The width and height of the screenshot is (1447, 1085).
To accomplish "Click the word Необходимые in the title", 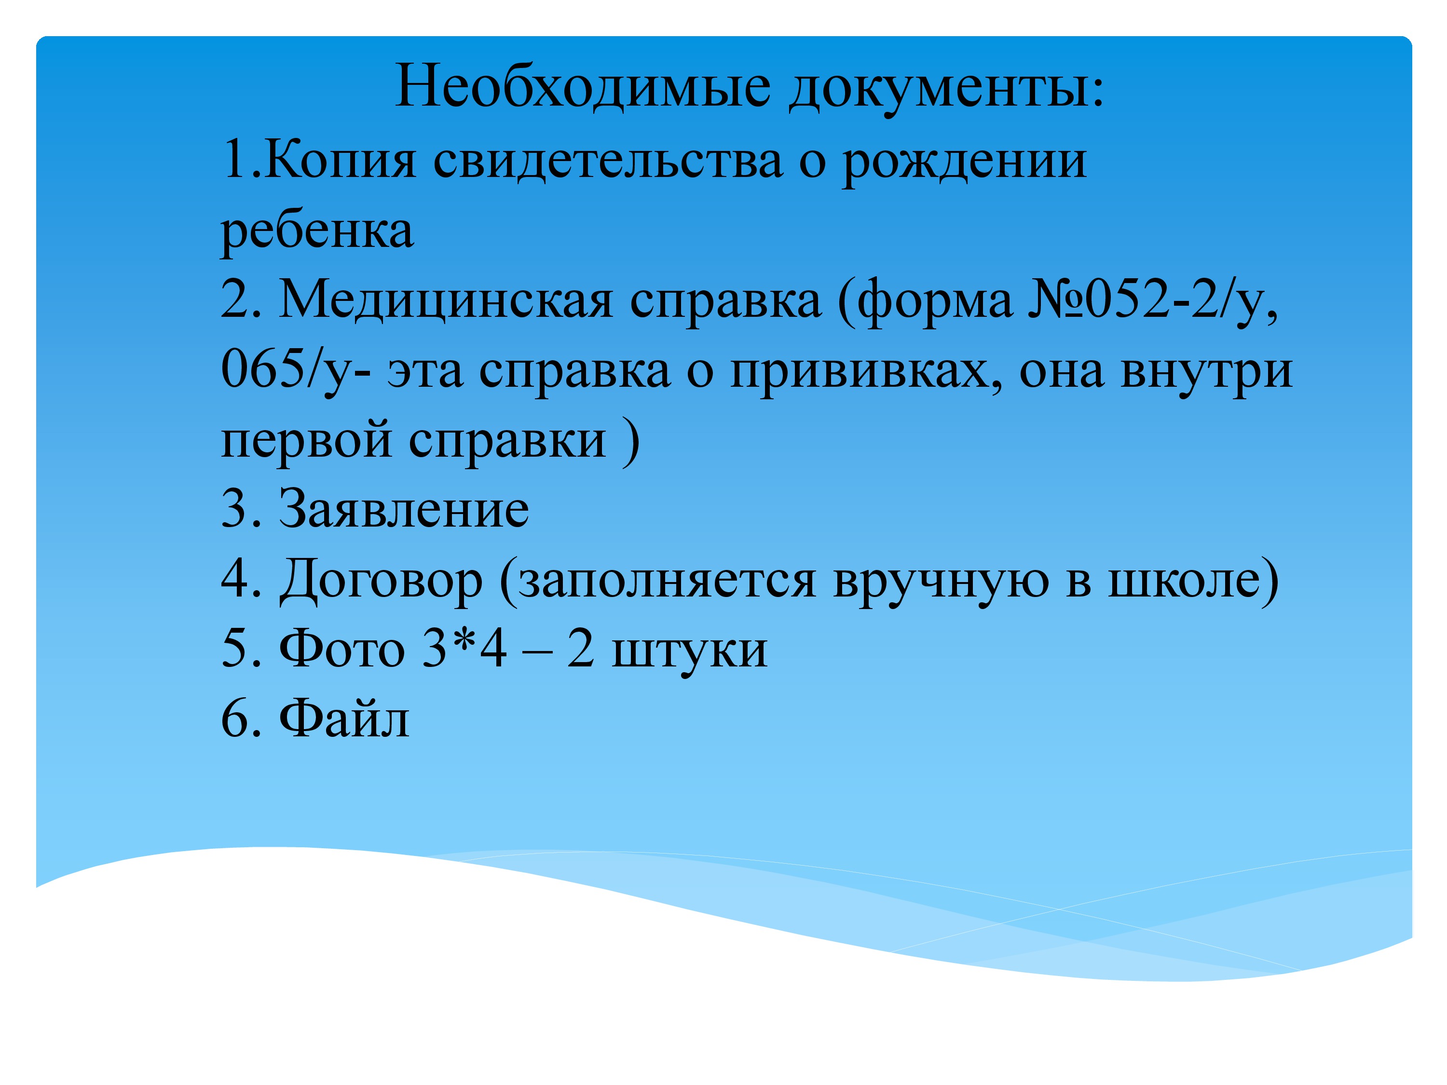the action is coord(583,87).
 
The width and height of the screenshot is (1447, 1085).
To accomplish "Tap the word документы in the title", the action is coord(945,90).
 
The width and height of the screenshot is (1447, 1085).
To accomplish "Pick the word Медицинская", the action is coord(446,301).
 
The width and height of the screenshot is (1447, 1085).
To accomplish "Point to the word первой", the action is coord(307,441).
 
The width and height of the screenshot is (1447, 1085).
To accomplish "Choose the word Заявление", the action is coord(404,510).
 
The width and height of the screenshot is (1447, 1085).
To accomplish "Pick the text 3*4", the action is coord(463,648).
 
